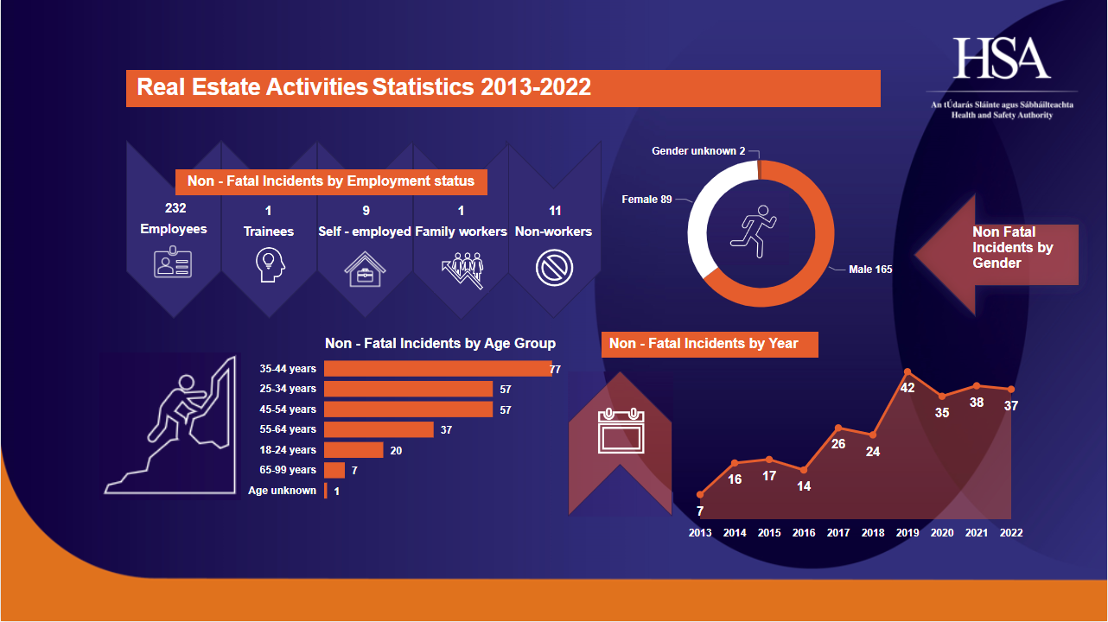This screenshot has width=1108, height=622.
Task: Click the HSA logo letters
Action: click(x=1002, y=60)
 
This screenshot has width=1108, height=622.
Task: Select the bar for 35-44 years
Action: click(x=437, y=369)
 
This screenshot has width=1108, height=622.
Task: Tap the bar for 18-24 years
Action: click(x=353, y=450)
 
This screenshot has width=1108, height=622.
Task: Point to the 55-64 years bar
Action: click(x=379, y=429)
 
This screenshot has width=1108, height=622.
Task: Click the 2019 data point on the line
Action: click(x=907, y=372)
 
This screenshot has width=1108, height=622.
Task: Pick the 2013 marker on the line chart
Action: click(x=700, y=495)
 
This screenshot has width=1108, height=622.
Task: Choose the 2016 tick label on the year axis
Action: click(x=804, y=533)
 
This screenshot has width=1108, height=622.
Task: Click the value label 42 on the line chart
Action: click(x=907, y=388)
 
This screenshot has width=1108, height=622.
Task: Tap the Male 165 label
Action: click(x=869, y=270)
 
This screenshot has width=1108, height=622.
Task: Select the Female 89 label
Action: click(x=646, y=200)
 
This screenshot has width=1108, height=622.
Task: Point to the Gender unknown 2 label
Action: click(x=698, y=151)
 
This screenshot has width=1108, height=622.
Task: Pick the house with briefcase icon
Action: click(x=365, y=269)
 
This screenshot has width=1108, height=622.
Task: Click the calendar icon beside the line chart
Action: click(x=621, y=431)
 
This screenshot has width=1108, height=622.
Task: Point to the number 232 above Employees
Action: click(x=175, y=208)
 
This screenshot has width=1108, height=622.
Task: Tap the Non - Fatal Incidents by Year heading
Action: click(x=704, y=344)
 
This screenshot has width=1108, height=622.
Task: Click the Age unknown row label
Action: click(x=282, y=491)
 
